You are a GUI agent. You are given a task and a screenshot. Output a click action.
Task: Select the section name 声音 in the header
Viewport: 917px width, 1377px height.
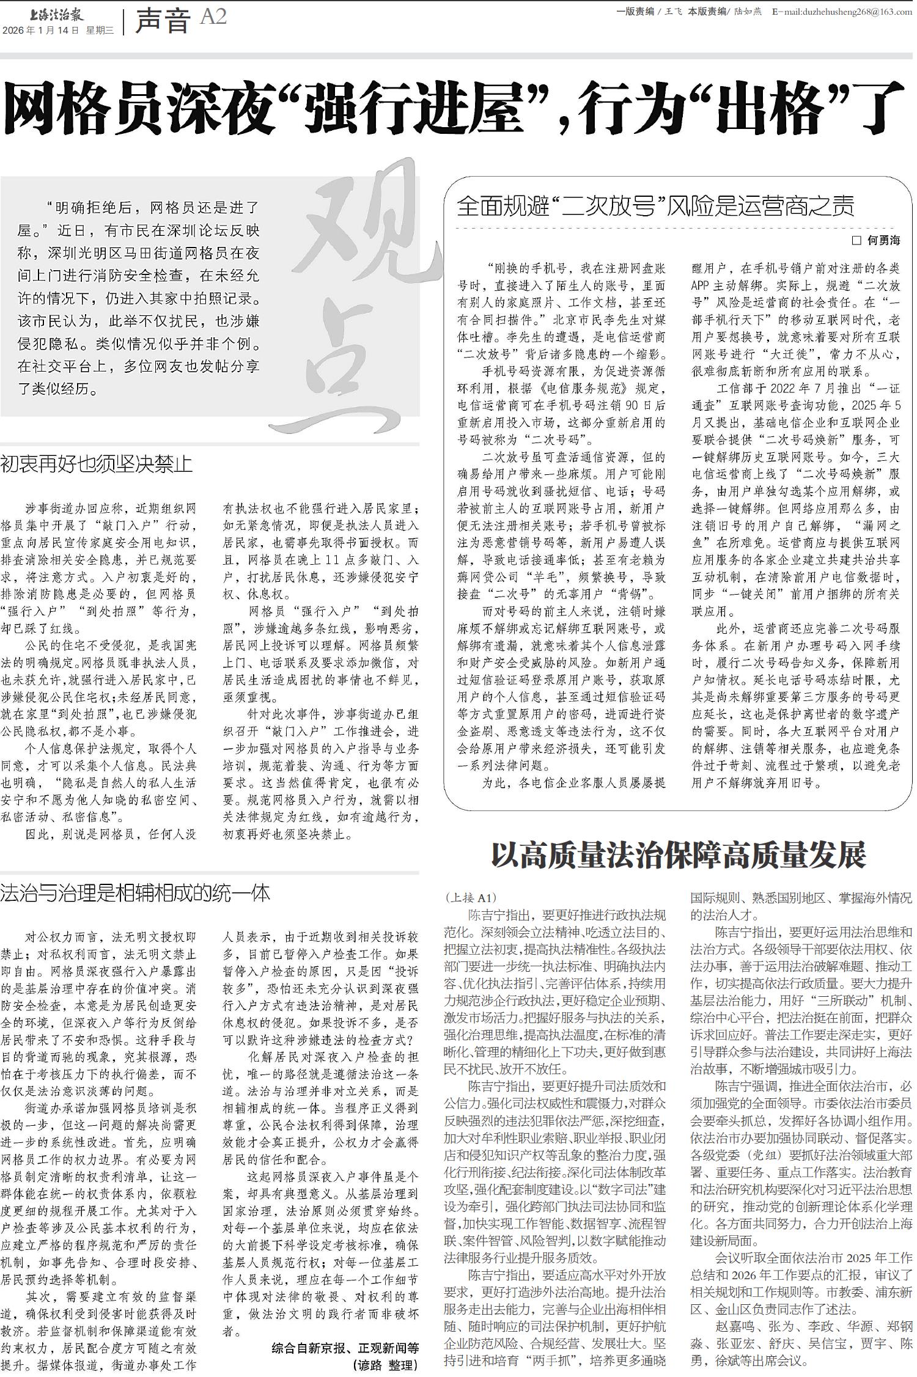tap(163, 21)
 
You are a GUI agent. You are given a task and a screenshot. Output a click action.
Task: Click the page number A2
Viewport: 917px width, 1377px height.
tap(213, 17)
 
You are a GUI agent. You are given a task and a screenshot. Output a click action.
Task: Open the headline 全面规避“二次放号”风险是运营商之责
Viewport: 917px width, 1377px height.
tap(655, 207)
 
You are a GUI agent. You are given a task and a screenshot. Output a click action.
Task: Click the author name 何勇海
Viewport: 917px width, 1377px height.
tap(884, 241)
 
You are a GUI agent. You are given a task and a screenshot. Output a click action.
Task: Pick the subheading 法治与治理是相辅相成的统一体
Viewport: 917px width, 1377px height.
tap(135, 894)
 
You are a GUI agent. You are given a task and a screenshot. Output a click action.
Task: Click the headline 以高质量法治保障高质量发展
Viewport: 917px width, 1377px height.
tap(679, 855)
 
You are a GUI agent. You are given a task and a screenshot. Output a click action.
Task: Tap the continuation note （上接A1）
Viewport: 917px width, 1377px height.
tap(471, 898)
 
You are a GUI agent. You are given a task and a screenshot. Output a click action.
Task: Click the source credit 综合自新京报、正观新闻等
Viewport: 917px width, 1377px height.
tap(345, 1348)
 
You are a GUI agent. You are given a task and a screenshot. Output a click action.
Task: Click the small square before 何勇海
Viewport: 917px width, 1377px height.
tap(856, 241)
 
